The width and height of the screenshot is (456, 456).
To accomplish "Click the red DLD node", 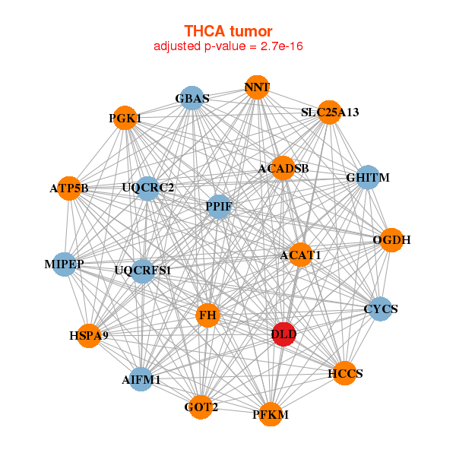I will click(283, 334).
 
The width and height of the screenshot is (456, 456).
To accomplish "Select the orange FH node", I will click(208, 315).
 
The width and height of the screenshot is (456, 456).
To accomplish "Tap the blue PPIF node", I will click(219, 207).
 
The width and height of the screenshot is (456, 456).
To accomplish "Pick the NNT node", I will click(257, 87).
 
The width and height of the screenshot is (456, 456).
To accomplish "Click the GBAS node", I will click(192, 99).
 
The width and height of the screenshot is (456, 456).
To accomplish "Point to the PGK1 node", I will click(125, 119).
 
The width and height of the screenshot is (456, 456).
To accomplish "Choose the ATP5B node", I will click(69, 188).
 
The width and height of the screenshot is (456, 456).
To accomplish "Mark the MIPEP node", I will click(65, 264).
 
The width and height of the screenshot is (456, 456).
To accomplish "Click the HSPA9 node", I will click(89, 335).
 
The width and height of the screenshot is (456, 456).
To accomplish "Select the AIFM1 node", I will click(141, 378).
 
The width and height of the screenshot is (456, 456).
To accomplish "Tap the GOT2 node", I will click(201, 407).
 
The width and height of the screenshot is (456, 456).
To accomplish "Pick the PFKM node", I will click(271, 414).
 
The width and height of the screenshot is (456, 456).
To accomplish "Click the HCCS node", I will click(345, 373).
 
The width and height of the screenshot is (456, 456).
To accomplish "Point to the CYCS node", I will click(380, 309).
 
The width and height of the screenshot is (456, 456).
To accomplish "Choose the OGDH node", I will click(391, 240).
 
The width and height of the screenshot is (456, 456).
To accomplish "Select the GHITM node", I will click(368, 178).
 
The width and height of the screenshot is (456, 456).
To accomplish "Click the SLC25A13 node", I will click(329, 112).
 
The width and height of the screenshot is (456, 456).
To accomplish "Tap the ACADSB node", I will click(283, 168).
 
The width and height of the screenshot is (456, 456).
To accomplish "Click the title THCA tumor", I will click(228, 31).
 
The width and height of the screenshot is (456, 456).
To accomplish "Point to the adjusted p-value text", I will click(228, 46).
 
